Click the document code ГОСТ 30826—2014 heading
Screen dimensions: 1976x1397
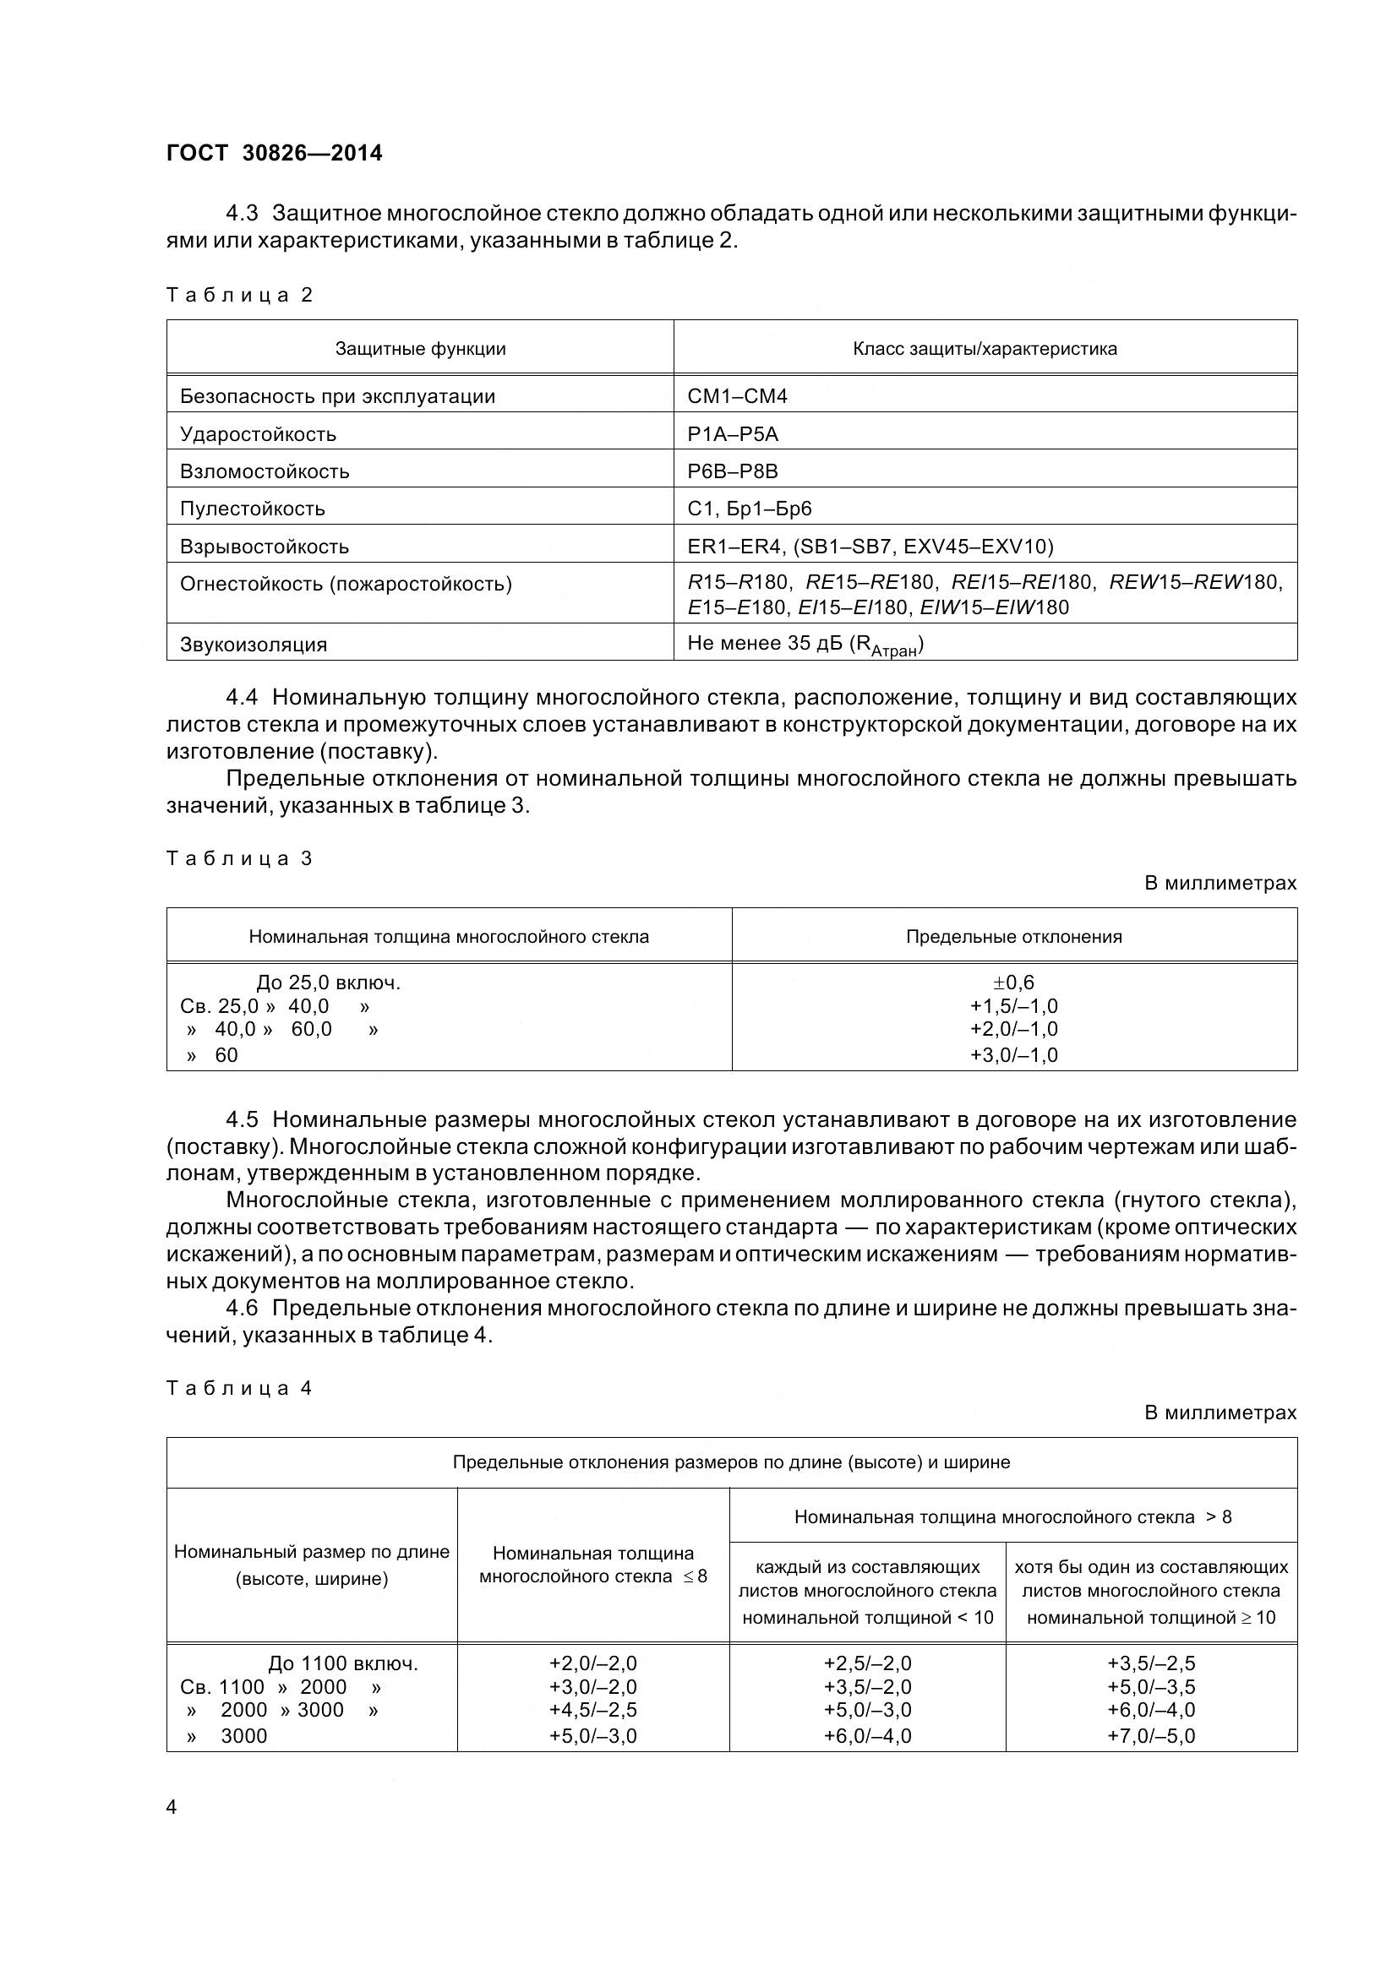point(274,153)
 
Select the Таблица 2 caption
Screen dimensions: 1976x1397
point(239,295)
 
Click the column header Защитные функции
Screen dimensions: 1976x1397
point(420,349)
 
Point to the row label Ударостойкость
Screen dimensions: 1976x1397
point(259,433)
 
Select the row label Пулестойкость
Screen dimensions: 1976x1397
point(252,509)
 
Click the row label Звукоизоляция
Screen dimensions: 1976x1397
point(253,645)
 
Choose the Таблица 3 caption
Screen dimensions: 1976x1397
point(239,858)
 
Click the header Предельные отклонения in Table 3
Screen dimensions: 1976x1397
point(1014,936)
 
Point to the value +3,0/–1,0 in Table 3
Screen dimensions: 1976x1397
point(1014,1055)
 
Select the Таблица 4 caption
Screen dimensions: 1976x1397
point(239,1388)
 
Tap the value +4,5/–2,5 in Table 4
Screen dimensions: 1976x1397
point(593,1710)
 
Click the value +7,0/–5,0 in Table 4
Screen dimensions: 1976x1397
point(1151,1736)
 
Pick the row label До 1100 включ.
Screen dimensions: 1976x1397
point(343,1663)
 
